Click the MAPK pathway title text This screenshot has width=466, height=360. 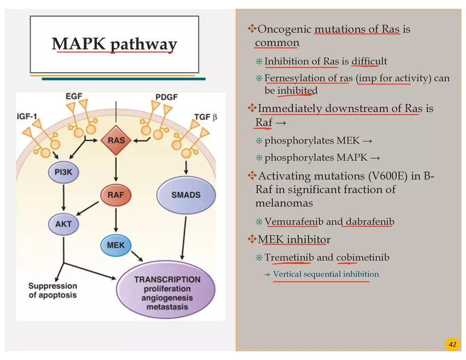tap(114, 44)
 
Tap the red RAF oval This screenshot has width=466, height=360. tap(115, 195)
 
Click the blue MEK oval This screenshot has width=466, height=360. tap(115, 246)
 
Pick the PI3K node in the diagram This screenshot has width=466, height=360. tap(64, 172)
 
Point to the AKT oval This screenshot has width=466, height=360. tap(64, 224)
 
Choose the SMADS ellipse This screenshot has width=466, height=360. tap(186, 195)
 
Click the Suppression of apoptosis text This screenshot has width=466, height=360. tap(52, 291)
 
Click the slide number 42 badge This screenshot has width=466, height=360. tap(452, 345)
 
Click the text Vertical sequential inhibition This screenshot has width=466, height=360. tap(326, 274)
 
